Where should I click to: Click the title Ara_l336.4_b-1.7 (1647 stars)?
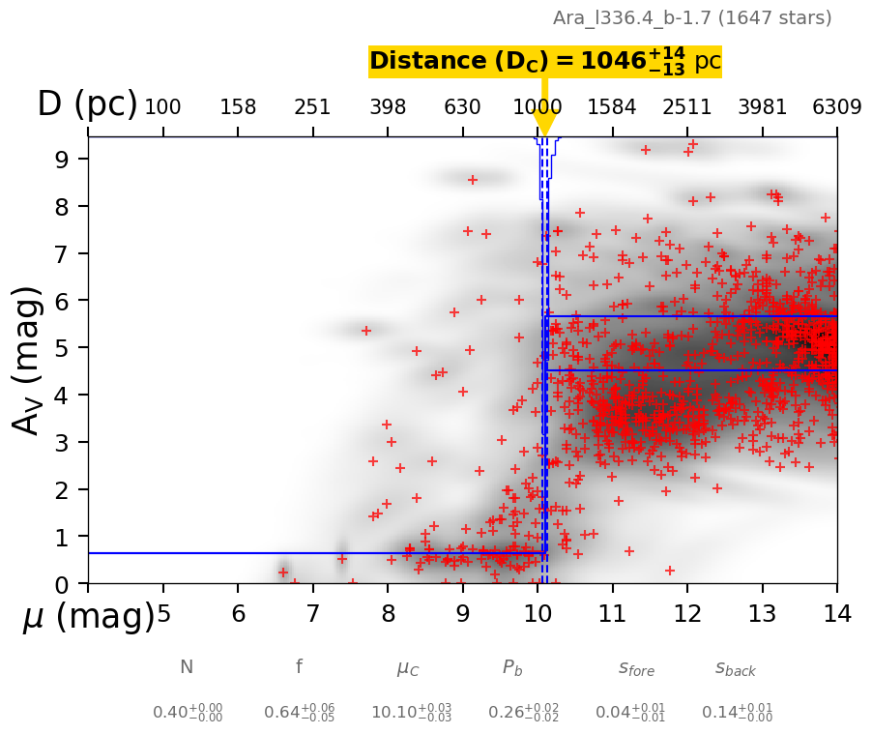[x=692, y=17]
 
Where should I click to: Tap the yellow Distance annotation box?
[x=545, y=61]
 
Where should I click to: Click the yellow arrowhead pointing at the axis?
[x=544, y=124]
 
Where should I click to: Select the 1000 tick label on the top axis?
[x=537, y=107]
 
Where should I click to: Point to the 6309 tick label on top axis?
[x=836, y=107]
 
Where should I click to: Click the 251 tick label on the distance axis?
[x=312, y=107]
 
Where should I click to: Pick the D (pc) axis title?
[x=87, y=104]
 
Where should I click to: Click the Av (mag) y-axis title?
[x=29, y=360]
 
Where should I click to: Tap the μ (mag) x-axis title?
[x=89, y=617]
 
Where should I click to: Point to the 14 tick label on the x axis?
[x=836, y=614]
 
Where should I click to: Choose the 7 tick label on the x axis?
[x=312, y=614]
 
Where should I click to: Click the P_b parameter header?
[x=512, y=667]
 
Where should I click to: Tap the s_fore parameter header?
[x=636, y=668]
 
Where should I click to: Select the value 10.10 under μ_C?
[x=411, y=713]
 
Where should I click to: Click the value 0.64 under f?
[x=299, y=713]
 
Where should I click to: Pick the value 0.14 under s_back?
[x=737, y=713]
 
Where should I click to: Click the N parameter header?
[x=187, y=667]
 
